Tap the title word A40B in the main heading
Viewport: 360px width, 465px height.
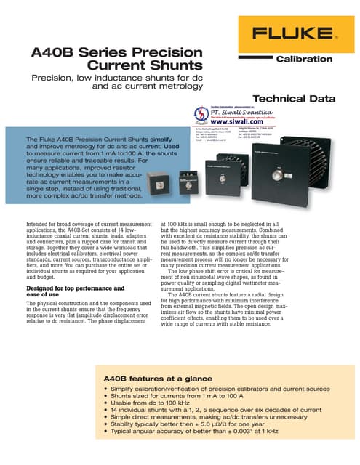click(54, 54)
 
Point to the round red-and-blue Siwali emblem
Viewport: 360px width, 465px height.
click(201, 115)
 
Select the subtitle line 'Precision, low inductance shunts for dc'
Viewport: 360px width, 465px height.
click(111, 78)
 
